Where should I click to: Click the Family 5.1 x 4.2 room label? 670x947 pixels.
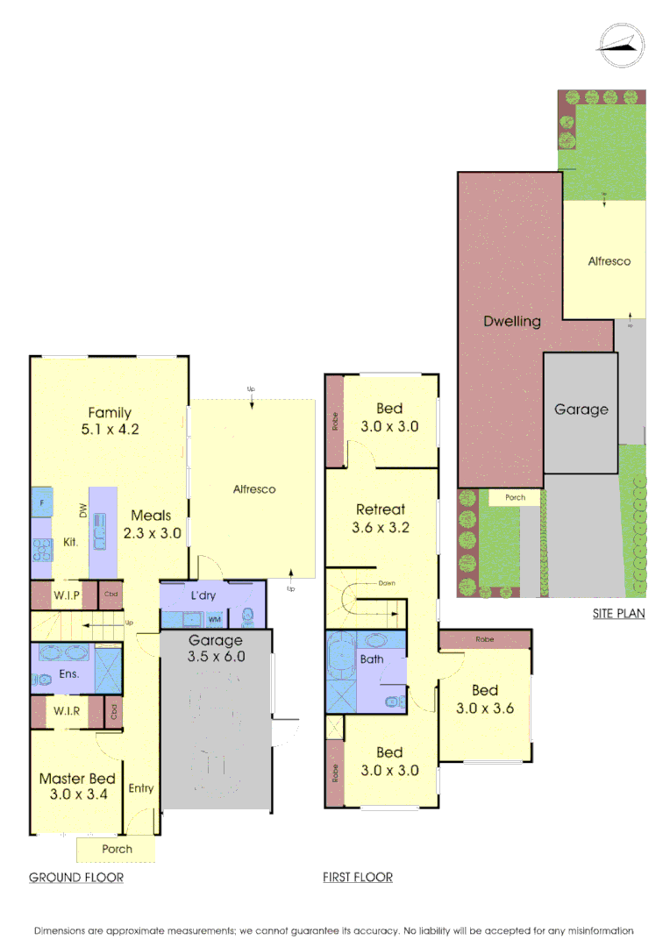[110, 421]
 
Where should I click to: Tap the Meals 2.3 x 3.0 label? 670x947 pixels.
[152, 523]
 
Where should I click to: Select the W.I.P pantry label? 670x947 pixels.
[67, 596]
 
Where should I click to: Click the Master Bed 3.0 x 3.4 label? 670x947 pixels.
[77, 786]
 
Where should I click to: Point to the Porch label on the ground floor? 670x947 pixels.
[118, 849]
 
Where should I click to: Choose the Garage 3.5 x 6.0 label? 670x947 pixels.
[216, 648]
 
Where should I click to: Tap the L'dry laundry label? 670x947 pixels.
[203, 596]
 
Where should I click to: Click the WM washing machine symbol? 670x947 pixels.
[215, 619]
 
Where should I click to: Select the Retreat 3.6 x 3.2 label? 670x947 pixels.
[381, 518]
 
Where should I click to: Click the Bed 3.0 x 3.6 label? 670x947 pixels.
[485, 699]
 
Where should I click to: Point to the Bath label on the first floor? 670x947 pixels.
[372, 659]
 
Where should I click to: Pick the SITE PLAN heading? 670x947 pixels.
[618, 614]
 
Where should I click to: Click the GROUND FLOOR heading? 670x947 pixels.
[76, 877]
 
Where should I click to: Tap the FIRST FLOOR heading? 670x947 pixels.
[358, 877]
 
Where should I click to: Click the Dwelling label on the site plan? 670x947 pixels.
[512, 321]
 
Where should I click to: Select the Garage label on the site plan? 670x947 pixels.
[581, 409]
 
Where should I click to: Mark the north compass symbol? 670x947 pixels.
[621, 44]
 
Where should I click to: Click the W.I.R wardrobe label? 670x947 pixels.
[67, 711]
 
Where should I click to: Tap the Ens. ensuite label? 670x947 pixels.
[70, 674]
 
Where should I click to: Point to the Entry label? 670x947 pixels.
[141, 788]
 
